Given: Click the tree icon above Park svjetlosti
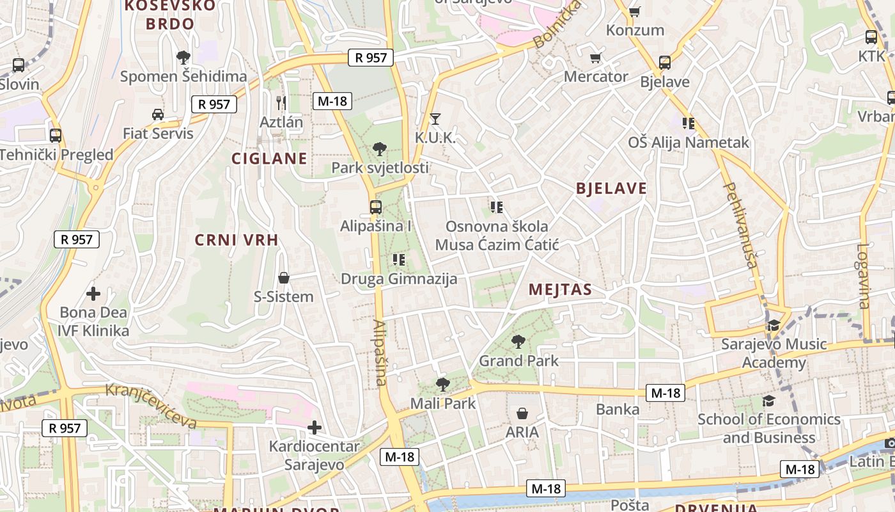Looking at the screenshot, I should tap(380, 149).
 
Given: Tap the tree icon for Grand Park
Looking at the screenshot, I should tap(518, 342).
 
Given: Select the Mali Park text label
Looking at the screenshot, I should tap(443, 404).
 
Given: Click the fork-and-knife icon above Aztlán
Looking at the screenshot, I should tap(281, 102).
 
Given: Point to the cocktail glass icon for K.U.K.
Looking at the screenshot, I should tap(435, 118).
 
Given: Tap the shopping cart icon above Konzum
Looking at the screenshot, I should tap(635, 12).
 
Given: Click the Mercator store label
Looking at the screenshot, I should tap(596, 77).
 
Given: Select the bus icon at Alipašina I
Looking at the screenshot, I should tap(375, 207).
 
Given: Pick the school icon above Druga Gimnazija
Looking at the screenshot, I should tap(399, 259).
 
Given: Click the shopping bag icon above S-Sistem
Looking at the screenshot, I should tap(284, 278).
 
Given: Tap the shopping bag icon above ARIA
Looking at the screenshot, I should tap(522, 413).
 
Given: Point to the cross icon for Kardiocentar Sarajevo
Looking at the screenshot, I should tap(314, 427).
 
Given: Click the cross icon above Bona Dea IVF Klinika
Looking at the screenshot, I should tap(93, 294).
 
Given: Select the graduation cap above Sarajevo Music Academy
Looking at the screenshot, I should tap(774, 326).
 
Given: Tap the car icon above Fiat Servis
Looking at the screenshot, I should tap(158, 115).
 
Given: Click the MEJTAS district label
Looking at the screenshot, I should tap(560, 290).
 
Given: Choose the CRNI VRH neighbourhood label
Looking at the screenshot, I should tap(237, 240).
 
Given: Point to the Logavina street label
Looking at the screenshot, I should tap(864, 276).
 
